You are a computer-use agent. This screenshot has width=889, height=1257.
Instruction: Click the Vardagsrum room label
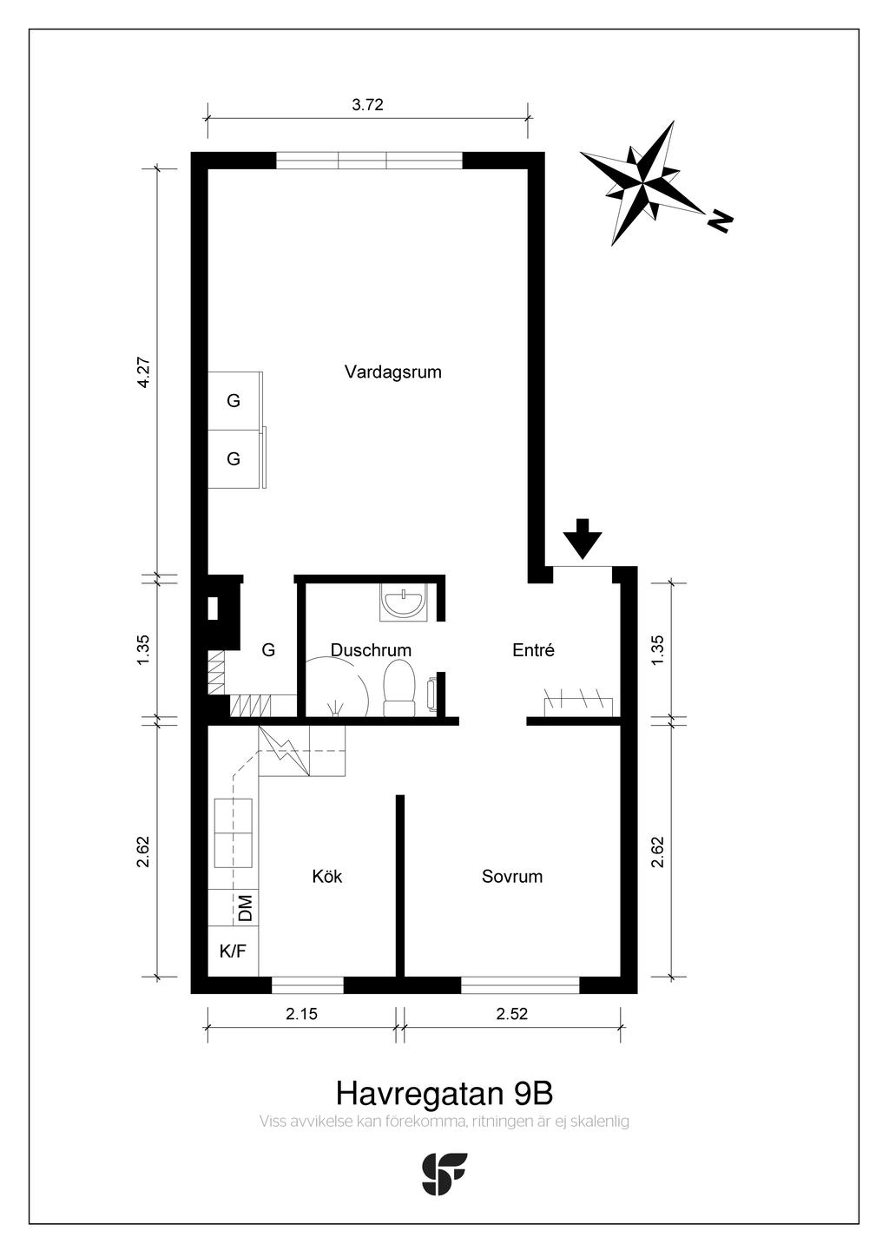[393, 372]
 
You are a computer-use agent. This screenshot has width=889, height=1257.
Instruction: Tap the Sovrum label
[512, 877]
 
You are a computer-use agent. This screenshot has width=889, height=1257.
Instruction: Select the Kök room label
[327, 877]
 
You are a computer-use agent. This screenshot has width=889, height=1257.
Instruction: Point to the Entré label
[533, 650]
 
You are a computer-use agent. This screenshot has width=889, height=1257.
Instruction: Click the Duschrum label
[371, 650]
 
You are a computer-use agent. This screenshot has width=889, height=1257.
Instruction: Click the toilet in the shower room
[399, 688]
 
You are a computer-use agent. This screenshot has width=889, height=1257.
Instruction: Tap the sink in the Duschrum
[403, 602]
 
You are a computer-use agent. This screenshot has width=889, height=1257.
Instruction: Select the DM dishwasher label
[246, 907]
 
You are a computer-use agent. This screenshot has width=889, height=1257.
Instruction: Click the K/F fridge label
[233, 951]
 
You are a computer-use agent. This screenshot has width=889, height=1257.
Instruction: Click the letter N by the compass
[720, 220]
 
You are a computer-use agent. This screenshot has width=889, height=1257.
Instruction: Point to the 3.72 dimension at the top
[367, 105]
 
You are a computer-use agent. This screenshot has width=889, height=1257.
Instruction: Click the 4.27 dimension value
[144, 372]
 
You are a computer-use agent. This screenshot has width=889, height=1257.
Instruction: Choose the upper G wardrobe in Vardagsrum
[234, 401]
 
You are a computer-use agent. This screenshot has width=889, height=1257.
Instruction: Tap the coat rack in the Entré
[578, 706]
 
